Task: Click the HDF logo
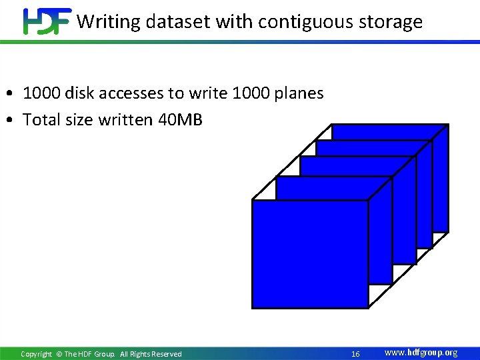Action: coord(47,21)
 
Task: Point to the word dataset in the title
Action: coord(171,22)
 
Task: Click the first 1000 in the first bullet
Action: coord(41,93)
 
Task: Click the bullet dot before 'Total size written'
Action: coord(13,121)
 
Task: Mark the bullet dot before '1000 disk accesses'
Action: coord(13,94)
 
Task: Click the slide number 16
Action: coord(355,354)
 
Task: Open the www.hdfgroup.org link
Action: coord(421,353)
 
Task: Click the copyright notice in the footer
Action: coord(101,354)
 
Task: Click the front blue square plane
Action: coord(310,254)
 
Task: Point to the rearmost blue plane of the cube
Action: coord(390,131)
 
